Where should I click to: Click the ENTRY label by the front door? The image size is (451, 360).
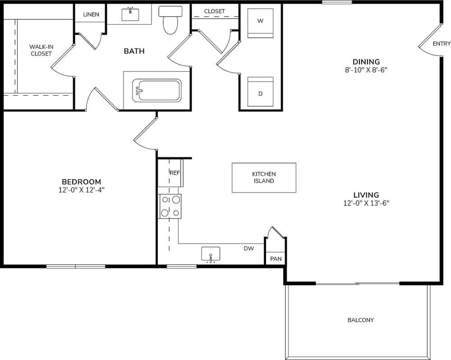pos(441,44)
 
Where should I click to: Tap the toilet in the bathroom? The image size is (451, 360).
pos(170,21)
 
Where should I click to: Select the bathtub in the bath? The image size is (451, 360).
pos(156,90)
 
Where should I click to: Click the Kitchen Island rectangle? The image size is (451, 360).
pos(264,177)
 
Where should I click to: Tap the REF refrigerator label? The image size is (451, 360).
pos(175,173)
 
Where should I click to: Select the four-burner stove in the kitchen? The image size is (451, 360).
pos(170,206)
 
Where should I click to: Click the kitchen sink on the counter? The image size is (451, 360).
pos(211,254)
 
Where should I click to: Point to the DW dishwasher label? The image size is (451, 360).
pos(249,248)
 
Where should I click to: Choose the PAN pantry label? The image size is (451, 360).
pos(276,259)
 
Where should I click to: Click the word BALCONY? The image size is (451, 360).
pos(360,320)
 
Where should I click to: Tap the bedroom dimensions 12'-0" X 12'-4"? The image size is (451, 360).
pos(82,190)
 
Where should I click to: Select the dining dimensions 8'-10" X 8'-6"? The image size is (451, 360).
pos(366,70)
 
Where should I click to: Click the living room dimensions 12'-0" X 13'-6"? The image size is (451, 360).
pos(366,203)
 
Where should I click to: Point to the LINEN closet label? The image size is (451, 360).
pos(91,14)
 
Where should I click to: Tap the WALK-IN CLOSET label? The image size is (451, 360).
pos(41,50)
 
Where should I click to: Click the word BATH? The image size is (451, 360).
pos(134,51)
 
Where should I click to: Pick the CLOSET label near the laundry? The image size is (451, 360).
pos(214,11)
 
